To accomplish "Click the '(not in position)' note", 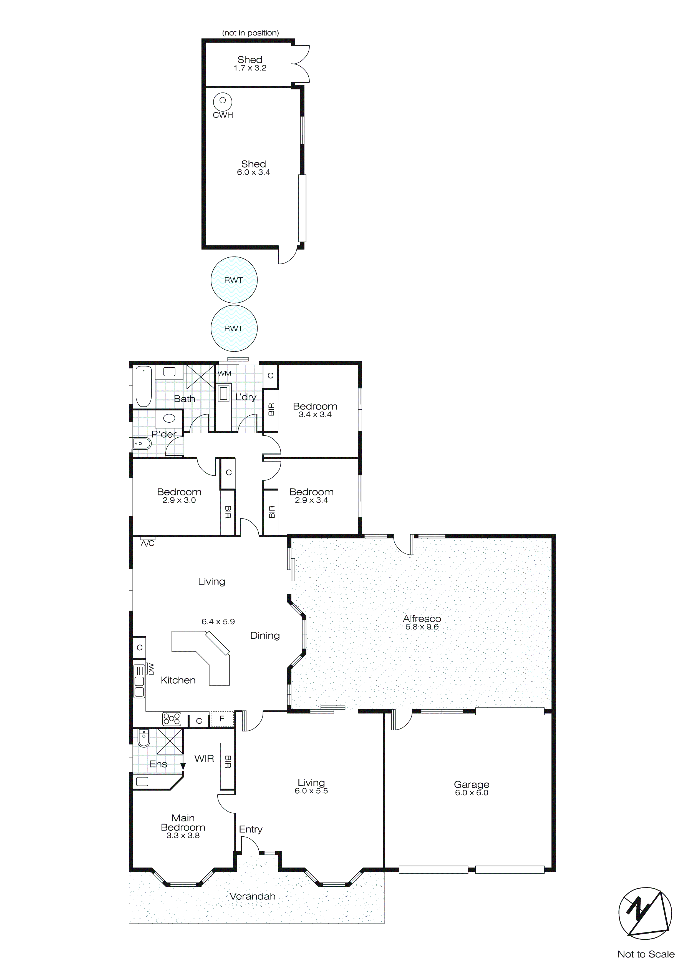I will [250, 33].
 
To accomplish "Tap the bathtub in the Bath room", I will [143, 387].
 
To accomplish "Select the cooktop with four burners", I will [172, 719].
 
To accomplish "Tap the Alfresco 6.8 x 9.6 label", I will [422, 627].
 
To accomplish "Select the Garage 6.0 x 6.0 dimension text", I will [472, 793].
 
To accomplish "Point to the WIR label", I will [204, 759].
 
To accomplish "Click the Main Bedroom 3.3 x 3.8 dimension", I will [183, 835].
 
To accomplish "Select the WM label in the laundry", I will [225, 373].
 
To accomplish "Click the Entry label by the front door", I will [251, 829].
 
